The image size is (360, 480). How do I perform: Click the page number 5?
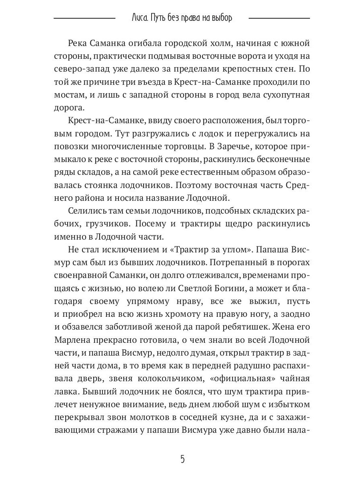(x=182, y=459)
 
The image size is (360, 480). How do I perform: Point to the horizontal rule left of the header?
(x=84, y=18)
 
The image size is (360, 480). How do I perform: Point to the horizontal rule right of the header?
(x=279, y=18)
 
